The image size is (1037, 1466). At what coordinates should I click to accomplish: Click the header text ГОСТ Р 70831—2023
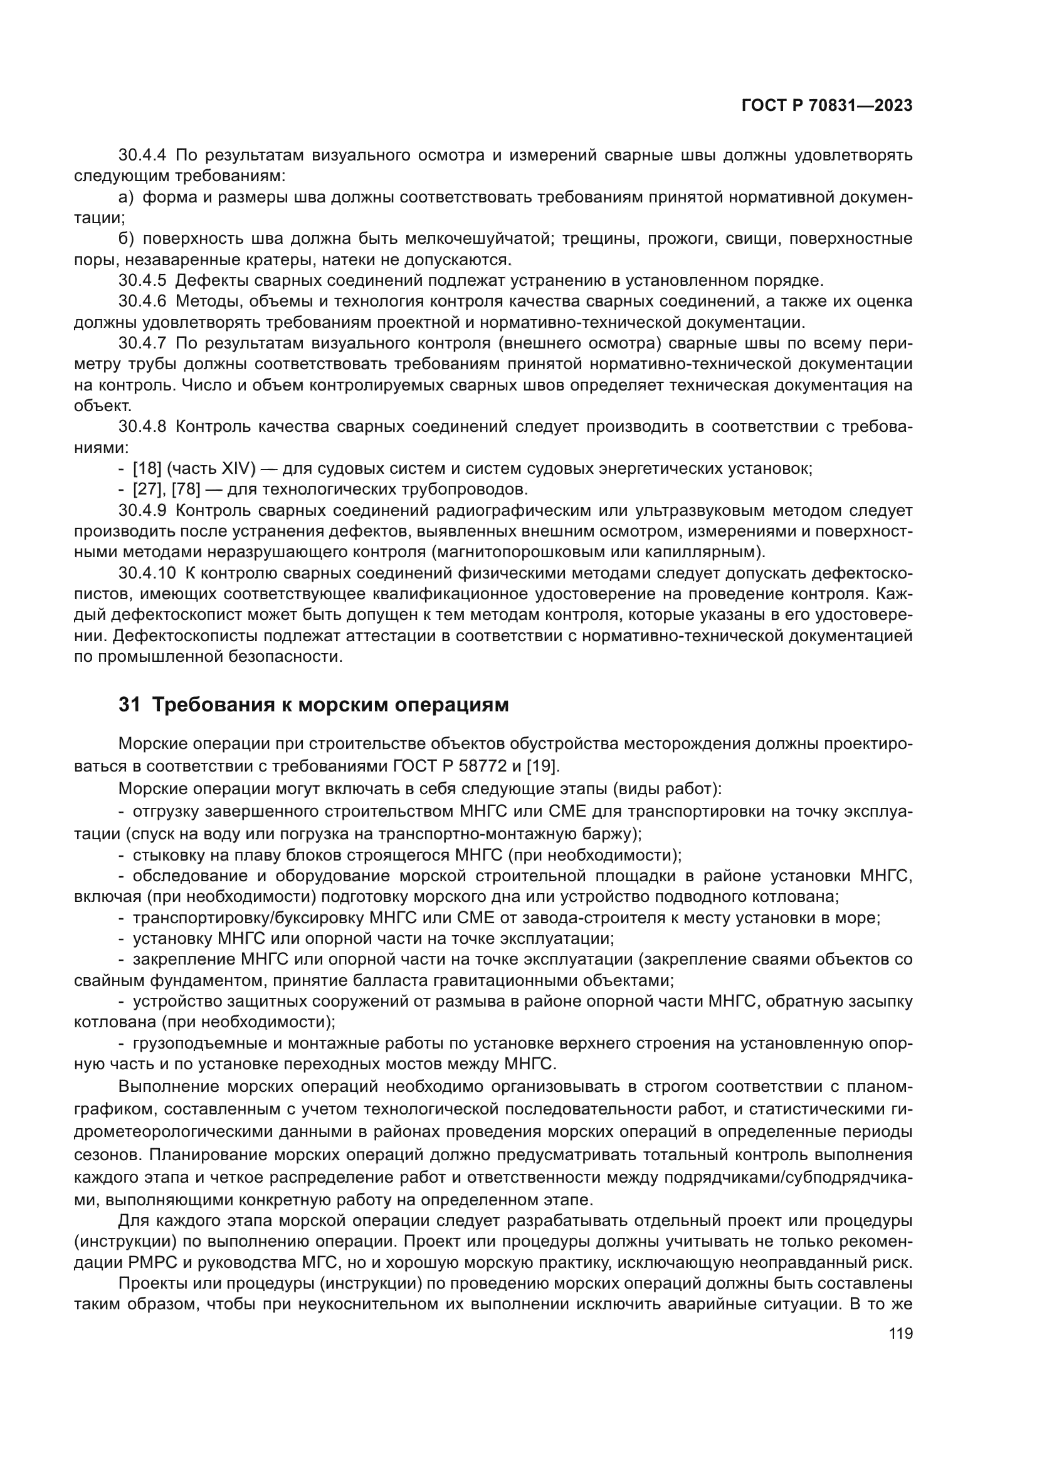pos(826,106)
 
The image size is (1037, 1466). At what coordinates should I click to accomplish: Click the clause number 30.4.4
pos(142,155)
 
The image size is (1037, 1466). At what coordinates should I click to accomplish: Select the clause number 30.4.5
pos(142,280)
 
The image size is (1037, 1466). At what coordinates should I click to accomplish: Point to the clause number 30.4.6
pos(142,301)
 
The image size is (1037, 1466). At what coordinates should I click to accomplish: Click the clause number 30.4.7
pos(142,343)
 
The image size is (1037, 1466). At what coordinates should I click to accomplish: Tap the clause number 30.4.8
pos(142,427)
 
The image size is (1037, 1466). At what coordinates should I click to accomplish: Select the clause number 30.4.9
pos(142,510)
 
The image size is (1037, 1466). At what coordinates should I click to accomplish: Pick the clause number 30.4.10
pos(147,573)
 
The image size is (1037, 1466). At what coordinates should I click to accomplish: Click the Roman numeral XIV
pos(236,469)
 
